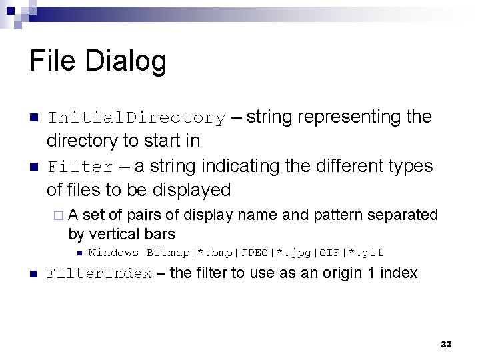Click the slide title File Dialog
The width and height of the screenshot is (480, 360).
[x=98, y=62]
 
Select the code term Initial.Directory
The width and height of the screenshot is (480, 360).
[x=136, y=118]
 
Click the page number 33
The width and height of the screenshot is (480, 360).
[x=446, y=344]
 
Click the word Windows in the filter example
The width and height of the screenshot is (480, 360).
[x=113, y=253]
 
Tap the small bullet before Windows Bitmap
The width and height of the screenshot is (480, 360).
[x=78, y=253]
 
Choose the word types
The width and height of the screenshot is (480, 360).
[x=409, y=165]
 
